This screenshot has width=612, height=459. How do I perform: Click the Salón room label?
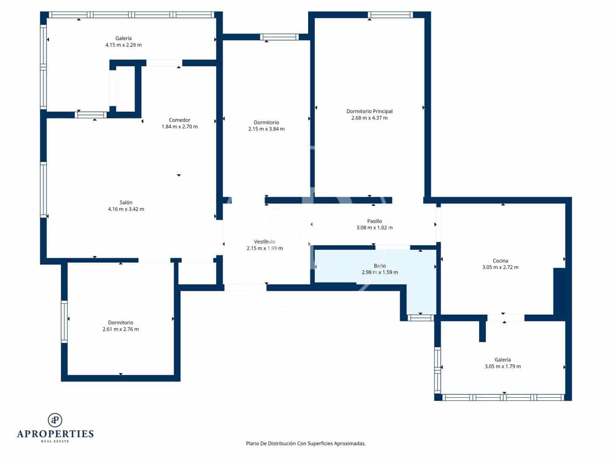coord(126,202)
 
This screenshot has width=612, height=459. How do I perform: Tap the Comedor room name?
coord(180,120)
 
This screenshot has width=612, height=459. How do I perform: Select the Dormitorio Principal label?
coord(369,111)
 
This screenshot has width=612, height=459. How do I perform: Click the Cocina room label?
coord(500,261)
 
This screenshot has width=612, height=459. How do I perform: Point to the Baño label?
coord(379,265)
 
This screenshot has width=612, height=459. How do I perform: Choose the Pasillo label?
coord(374,221)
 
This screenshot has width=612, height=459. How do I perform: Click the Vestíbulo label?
coord(264,241)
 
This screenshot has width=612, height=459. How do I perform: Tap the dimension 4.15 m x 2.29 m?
coord(123,45)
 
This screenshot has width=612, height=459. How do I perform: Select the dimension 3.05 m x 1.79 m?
coord(502,366)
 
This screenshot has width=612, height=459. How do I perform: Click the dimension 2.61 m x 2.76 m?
coord(121,329)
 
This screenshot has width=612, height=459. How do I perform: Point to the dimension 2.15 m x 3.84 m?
coord(266,129)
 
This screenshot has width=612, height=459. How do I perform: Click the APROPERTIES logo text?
coord(55,434)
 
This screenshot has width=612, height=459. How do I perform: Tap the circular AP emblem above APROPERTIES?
coord(55,420)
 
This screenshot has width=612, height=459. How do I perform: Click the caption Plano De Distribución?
coord(306,443)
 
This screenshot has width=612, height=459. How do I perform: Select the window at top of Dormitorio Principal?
coord(390,15)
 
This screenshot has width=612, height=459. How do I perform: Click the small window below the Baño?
coord(420,318)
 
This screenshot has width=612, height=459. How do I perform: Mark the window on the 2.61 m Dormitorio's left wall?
coord(64,321)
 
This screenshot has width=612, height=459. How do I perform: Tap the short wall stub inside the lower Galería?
coord(482,331)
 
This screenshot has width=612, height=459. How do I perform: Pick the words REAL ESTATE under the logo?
coord(55,441)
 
